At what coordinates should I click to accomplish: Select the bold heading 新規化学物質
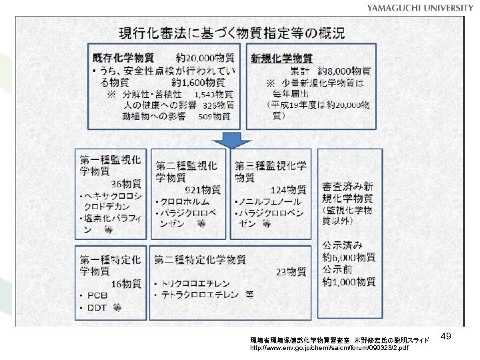281,58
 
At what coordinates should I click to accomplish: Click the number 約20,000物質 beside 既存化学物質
205,58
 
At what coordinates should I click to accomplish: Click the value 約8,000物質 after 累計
344,71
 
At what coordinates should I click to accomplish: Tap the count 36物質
127,184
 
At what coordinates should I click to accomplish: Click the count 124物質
288,189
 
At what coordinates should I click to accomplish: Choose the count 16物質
127,283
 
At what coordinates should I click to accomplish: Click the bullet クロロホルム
185,201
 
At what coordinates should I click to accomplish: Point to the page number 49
447,338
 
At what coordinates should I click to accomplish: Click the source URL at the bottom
331,348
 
